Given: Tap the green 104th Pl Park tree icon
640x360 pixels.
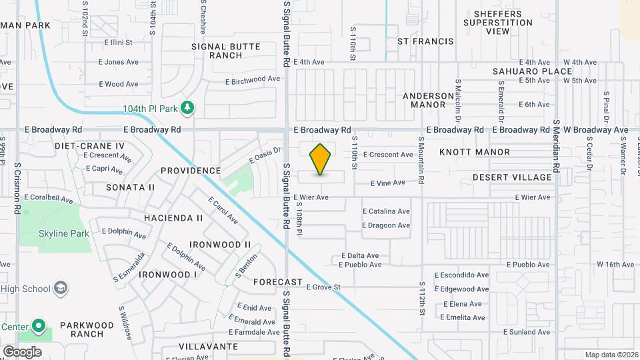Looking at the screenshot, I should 188,107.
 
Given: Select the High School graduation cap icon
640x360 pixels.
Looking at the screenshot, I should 61,288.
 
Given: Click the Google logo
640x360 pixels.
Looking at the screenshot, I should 22,351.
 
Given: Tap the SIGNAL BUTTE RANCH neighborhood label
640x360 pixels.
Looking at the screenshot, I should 226,51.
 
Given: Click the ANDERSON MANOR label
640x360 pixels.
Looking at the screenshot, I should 433,100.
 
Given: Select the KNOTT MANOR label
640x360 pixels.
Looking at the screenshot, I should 475,152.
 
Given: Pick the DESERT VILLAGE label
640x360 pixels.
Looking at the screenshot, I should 512,177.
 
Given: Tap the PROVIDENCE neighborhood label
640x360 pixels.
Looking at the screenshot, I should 191,171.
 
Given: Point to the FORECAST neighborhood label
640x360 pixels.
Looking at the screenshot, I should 278,282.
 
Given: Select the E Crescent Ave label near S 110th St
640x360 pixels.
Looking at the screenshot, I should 388,155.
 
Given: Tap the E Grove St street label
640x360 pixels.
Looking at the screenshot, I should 323,287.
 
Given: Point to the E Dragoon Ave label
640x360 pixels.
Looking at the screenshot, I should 386,225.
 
